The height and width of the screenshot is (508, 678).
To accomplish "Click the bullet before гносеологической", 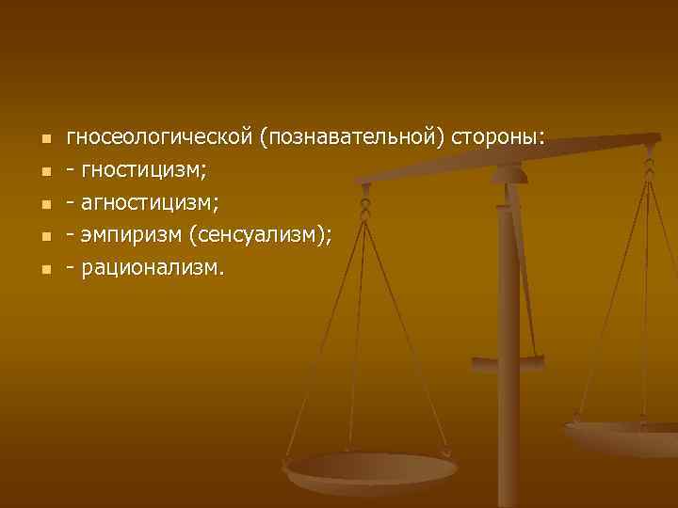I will pyautogui.click(x=43, y=140).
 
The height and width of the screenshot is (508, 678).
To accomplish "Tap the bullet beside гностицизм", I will pyautogui.click(x=43, y=173).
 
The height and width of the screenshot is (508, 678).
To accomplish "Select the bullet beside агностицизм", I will pyautogui.click(x=43, y=205).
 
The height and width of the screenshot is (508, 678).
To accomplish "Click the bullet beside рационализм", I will pyautogui.click(x=43, y=270).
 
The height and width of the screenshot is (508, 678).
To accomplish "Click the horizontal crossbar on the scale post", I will pyautogui.click(x=508, y=360).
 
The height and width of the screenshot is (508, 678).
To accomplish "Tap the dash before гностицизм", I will pyautogui.click(x=71, y=172).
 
